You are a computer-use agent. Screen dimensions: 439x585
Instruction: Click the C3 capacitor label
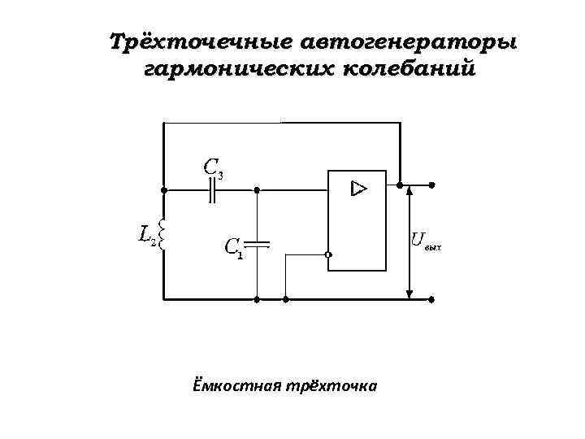click(x=214, y=168)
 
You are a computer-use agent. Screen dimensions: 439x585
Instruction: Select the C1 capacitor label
click(x=233, y=247)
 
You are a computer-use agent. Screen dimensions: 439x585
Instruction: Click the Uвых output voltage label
click(x=425, y=241)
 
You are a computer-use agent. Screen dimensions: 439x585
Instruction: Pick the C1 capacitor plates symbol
click(x=257, y=243)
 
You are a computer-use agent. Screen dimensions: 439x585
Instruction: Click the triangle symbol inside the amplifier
click(x=358, y=189)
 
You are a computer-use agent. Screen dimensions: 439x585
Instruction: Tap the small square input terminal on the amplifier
click(x=327, y=255)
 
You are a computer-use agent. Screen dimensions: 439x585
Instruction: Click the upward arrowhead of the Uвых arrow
click(x=410, y=191)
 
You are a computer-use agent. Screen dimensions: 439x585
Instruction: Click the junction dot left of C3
click(x=164, y=190)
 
